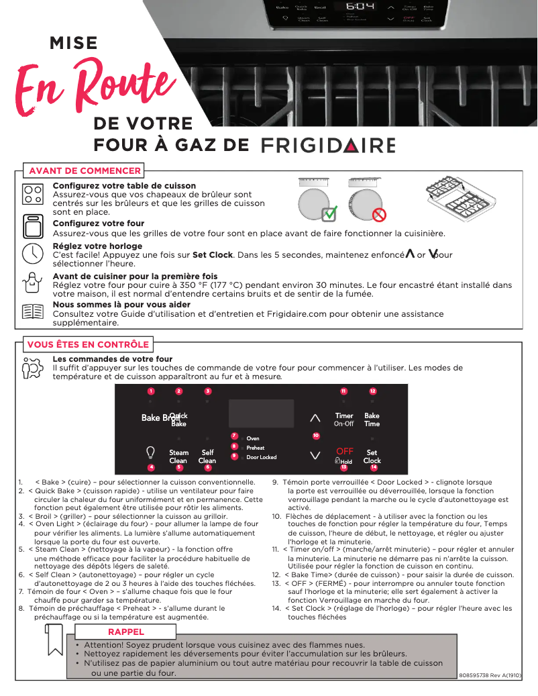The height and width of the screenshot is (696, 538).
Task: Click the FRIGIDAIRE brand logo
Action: point(328,146)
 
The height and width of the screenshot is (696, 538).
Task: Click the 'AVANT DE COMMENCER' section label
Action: point(85,170)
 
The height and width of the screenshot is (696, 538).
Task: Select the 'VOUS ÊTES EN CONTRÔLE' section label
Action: point(88,344)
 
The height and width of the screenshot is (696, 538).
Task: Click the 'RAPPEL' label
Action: point(126,632)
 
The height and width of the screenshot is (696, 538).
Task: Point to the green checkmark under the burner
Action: point(329,215)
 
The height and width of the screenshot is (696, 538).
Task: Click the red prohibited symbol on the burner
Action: point(379,215)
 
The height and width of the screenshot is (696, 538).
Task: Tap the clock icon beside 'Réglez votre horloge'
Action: point(32,254)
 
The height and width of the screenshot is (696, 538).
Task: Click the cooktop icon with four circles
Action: point(32,195)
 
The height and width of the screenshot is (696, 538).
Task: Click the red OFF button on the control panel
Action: point(344,451)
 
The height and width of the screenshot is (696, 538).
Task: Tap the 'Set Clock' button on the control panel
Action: point(372,456)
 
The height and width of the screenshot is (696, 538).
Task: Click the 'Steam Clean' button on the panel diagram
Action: point(178,456)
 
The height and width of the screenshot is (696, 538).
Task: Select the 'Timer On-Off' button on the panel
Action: point(344,419)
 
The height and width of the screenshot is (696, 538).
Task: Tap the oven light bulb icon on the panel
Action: point(151,452)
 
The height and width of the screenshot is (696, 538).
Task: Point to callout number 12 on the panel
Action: point(372,391)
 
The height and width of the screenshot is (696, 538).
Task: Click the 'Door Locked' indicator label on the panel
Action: point(261,457)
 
